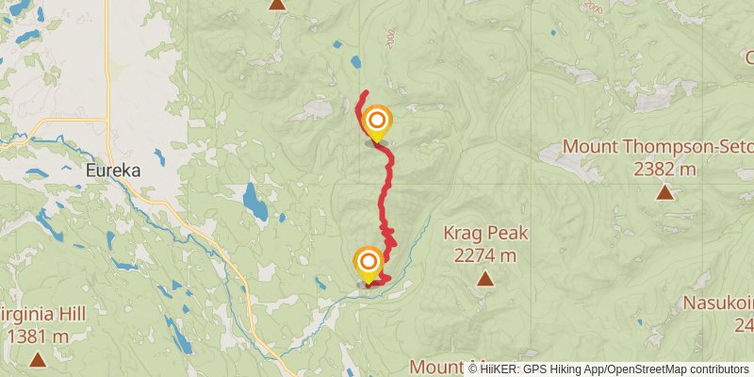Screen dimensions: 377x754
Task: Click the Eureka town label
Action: pos(112,172)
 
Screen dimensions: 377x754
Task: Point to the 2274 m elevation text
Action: pos(485,254)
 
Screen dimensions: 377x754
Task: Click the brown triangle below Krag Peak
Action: pos(485,278)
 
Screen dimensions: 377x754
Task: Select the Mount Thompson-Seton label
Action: pos(658,147)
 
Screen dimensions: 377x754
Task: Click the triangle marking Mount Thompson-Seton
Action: pos(665,193)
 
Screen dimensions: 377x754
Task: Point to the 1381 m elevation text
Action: pos(38,336)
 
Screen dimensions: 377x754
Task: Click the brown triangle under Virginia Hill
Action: pos(38,359)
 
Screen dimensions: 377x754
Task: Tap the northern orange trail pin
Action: pos(377,122)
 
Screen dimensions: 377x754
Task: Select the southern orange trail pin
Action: pos(369,262)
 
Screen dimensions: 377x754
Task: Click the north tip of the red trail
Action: pos(366,92)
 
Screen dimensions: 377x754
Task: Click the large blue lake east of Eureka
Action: pos(254,201)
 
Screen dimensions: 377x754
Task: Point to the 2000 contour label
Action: pos(389,37)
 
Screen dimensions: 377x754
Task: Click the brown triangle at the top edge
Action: pos(277,4)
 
